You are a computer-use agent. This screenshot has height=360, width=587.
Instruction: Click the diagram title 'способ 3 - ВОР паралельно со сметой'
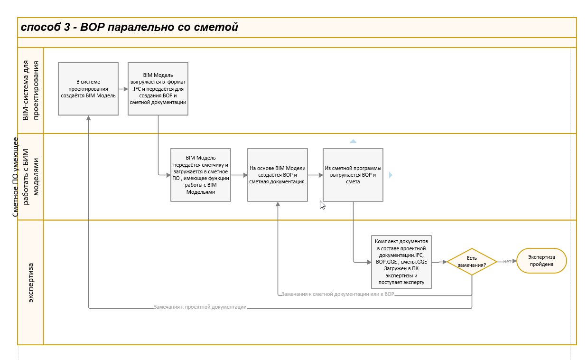(129, 27)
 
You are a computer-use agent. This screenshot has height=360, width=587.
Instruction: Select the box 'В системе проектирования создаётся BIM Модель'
(88, 89)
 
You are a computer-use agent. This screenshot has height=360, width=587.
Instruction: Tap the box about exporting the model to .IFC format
(158, 89)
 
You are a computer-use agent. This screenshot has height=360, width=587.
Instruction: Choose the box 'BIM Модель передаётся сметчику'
(200, 175)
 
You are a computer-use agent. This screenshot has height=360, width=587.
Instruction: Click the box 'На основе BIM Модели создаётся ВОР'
(278, 175)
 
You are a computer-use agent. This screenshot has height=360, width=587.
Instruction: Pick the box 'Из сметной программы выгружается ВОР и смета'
(353, 175)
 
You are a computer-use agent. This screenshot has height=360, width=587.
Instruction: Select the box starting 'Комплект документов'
(401, 262)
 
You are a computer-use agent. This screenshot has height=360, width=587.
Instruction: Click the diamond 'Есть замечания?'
(472, 261)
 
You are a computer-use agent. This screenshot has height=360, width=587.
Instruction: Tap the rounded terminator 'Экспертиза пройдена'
(541, 261)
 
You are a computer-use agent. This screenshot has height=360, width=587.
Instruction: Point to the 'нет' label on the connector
(507, 261)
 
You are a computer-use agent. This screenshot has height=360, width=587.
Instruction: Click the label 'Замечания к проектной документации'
(200, 307)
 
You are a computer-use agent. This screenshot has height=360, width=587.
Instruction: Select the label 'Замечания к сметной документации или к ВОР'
(338, 294)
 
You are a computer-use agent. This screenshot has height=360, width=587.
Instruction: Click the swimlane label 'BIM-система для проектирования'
(30, 90)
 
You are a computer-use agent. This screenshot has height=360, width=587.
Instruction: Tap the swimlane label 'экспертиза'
(30, 283)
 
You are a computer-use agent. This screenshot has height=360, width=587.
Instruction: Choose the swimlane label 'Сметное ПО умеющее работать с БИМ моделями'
(25, 177)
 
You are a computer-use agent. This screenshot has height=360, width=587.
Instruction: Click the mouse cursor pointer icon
(322, 205)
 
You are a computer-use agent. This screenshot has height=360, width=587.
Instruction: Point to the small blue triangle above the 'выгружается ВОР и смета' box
(353, 142)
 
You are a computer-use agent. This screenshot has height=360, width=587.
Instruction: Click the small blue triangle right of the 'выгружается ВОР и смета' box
(391, 175)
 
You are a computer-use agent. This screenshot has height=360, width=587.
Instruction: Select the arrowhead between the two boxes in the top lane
(126, 89)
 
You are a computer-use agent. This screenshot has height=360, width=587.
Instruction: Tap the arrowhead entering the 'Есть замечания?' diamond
(445, 262)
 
